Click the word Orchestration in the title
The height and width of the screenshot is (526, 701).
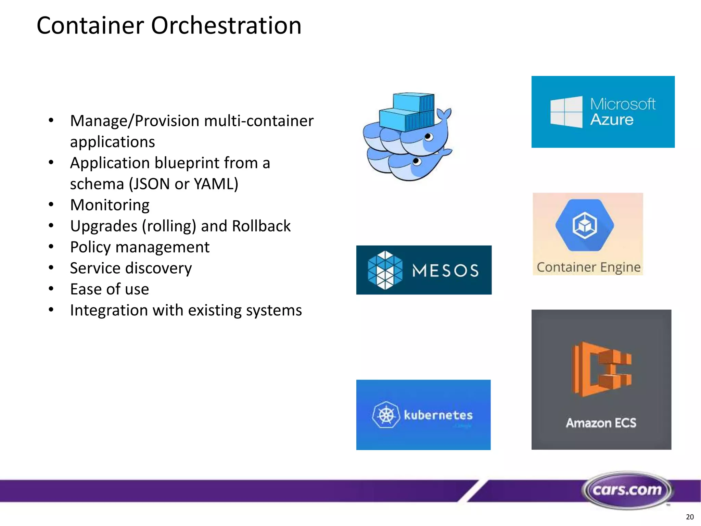pyautogui.click(x=226, y=26)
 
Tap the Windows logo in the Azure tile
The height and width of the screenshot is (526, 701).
pyautogui.click(x=566, y=112)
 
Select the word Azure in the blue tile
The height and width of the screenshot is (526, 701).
pyautogui.click(x=612, y=120)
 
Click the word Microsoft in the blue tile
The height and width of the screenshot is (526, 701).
pyautogui.click(x=623, y=104)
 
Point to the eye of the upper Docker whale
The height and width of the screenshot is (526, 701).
pyautogui.click(x=428, y=137)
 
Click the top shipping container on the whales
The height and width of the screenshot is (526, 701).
pyautogui.click(x=413, y=102)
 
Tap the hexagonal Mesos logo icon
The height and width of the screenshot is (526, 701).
pyautogui.click(x=385, y=270)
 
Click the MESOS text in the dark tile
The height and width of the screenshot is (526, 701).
pyautogui.click(x=445, y=271)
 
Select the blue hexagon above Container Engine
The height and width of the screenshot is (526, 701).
pyautogui.click(x=585, y=225)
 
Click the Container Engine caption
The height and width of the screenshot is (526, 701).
pyautogui.click(x=588, y=267)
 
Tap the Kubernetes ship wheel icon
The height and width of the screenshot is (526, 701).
pyautogui.click(x=386, y=415)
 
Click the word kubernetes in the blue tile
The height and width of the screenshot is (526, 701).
pyautogui.click(x=438, y=415)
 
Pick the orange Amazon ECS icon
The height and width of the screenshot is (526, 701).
pyautogui.click(x=601, y=369)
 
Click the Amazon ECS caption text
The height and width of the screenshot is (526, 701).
pyautogui.click(x=601, y=423)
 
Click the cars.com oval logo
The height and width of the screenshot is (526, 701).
pyautogui.click(x=627, y=490)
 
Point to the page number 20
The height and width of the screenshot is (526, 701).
pyautogui.click(x=690, y=517)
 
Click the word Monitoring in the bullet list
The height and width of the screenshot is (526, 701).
pyautogui.click(x=110, y=205)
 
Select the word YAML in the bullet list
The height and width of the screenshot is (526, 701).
pyautogui.click(x=216, y=184)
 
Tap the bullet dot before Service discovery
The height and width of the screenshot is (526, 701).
pyautogui.click(x=51, y=267)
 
